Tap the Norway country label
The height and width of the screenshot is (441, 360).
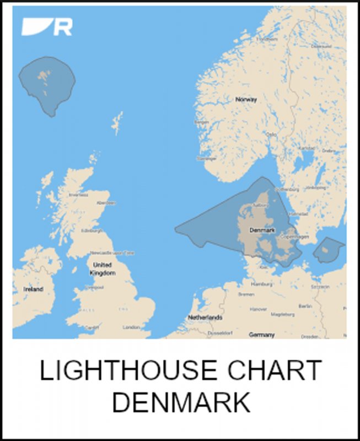pyautogui.click(x=246, y=100)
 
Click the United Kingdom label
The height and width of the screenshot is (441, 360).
pyautogui.click(x=103, y=269)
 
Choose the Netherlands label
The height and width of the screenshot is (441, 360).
pyautogui.click(x=205, y=318)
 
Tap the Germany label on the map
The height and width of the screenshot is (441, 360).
pyautogui.click(x=262, y=335)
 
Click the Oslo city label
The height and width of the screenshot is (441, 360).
pyautogui.click(x=271, y=134)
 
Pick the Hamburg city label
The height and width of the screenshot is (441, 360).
pyautogui.click(x=262, y=284)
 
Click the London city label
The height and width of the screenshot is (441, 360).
pyautogui.click(x=131, y=327)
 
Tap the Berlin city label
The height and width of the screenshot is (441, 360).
pyautogui.click(x=305, y=305)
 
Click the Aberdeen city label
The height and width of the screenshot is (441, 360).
pyautogui.click(x=106, y=202)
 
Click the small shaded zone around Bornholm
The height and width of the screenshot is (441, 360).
pyautogui.click(x=329, y=250)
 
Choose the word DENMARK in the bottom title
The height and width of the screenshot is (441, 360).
pyautogui.click(x=181, y=402)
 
